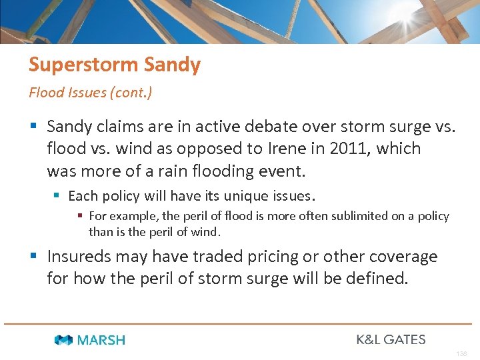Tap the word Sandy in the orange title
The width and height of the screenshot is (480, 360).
click(171, 65)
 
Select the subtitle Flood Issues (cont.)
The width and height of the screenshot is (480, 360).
click(90, 92)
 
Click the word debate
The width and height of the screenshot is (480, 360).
click(301, 126)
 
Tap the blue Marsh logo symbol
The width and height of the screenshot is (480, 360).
click(64, 340)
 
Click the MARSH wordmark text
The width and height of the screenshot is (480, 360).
click(101, 340)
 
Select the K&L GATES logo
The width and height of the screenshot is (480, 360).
click(391, 339)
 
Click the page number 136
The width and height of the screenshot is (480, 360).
click(461, 354)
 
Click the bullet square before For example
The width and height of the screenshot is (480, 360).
click(80, 216)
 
